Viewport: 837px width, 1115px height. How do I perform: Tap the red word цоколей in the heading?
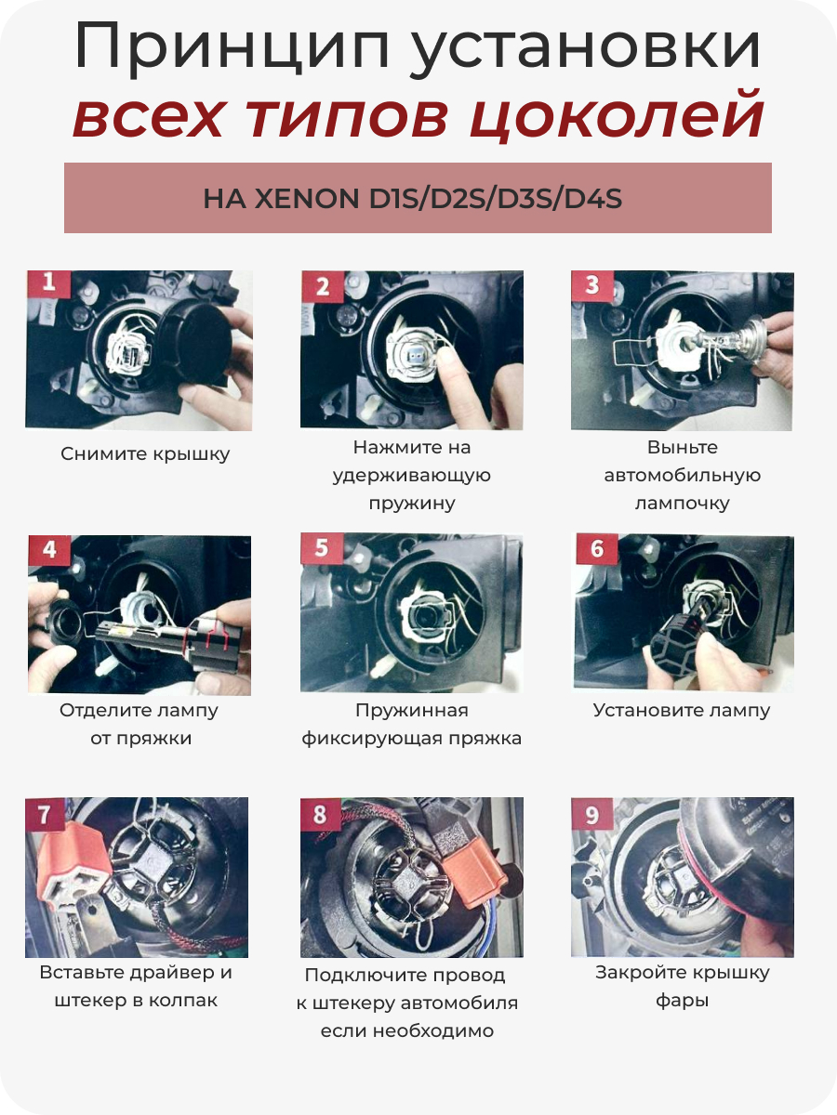tap(616, 116)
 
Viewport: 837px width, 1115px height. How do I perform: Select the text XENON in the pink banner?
tap(307, 199)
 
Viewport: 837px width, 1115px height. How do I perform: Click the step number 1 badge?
tap(48, 283)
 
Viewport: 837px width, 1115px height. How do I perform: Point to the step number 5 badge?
tap(322, 548)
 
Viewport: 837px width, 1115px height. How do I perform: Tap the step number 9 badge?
tap(592, 815)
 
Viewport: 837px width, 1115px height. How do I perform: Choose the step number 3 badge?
tap(592, 285)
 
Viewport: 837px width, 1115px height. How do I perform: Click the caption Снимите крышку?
tap(145, 454)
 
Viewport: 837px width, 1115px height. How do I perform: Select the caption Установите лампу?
tap(682, 711)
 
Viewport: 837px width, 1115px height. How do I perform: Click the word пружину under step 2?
tap(412, 504)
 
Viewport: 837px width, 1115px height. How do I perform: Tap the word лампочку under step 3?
tap(682, 504)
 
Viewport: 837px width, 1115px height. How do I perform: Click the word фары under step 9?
tap(682, 1001)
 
